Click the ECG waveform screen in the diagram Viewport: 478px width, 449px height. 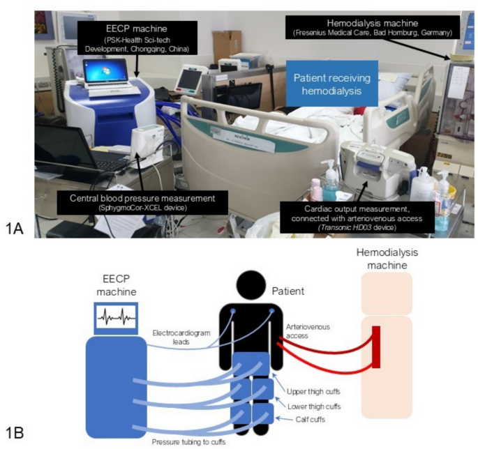(x=114, y=317)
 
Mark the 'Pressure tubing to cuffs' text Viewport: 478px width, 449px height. (x=188, y=441)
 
